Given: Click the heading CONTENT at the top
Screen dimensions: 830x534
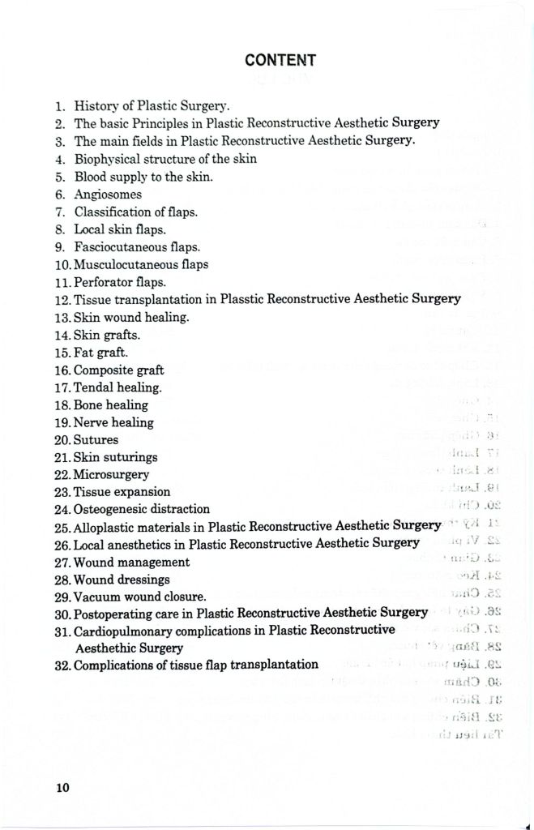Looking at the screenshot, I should tap(280, 59).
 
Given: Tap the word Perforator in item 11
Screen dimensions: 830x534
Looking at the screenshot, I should tap(103, 282).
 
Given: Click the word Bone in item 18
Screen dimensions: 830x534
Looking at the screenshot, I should tap(88, 404).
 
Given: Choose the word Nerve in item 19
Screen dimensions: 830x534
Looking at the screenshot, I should tap(90, 422).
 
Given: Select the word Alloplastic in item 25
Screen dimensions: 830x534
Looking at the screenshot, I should tap(105, 527).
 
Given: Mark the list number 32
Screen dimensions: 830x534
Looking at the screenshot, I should tap(62, 665).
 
